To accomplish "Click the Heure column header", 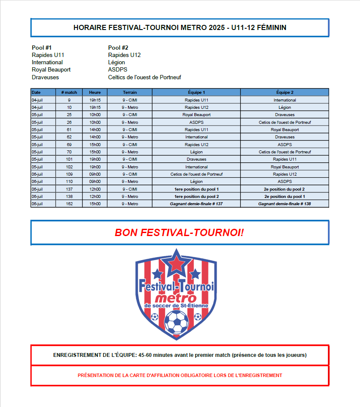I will coord(95,92).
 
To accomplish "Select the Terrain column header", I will coord(130,92).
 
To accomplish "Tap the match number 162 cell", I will coord(69,204).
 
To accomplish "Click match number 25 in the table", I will coord(69,115).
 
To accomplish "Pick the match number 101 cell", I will coord(69,159).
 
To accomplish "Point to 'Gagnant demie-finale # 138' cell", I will coord(284,204).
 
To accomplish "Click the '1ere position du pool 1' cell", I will coord(196,189).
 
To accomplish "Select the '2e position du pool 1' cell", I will coord(284,197).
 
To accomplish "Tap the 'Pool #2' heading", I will coord(118,48).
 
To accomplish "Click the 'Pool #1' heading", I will coord(42,48).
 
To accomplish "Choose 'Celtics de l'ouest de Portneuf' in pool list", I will coord(145,77).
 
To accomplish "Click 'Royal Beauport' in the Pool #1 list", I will coord(51,69).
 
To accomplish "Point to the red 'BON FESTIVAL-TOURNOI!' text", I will coord(179,233).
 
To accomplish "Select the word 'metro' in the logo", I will coord(176,297).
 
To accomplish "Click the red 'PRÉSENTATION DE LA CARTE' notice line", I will coord(180,375).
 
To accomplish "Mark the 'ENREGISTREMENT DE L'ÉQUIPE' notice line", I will coord(180,355).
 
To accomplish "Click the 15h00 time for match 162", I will coord(95,204).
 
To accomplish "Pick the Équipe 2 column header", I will coord(284,92).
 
